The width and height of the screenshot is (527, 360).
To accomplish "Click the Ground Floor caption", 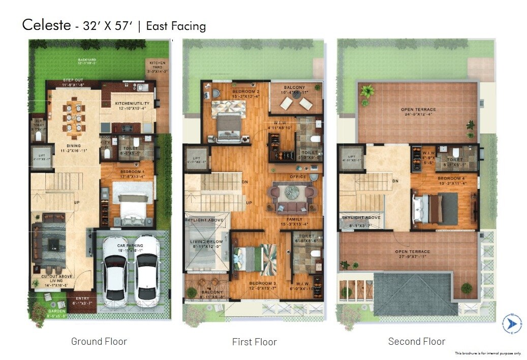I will point(99,341).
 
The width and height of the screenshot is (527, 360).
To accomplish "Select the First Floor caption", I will point(254,342).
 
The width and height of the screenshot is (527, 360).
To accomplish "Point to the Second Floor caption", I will point(417,341).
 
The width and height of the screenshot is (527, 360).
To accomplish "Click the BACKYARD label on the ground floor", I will point(87,60).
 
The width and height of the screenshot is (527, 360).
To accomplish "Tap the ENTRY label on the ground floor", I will point(82,299).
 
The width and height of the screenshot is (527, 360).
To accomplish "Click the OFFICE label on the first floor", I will point(298,177).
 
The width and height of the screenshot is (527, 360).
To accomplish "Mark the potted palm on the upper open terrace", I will point(366,93).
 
